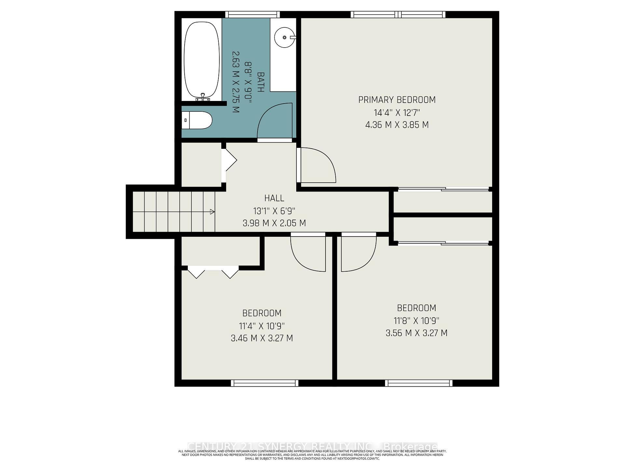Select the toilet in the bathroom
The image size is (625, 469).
pos(197,120)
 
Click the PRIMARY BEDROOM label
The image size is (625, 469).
pos(397,100)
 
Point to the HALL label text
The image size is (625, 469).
pos(274,198)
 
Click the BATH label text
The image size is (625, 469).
pos(260,82)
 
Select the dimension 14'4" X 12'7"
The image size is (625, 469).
pos(397,113)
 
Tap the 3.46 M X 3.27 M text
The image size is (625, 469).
pos(262,338)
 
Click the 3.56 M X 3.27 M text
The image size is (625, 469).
pos(416,333)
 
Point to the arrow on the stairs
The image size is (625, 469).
pos(212,212)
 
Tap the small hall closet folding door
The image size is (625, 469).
pos(229,160)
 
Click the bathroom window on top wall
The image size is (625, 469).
pos(253,14)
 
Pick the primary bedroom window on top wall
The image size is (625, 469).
pos(398,14)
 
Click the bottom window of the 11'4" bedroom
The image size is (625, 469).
pos(264,383)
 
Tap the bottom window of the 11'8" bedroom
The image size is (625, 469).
pos(419,383)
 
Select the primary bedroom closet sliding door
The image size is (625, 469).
pos(443,189)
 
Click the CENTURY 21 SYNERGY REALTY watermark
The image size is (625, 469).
pos(312,446)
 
